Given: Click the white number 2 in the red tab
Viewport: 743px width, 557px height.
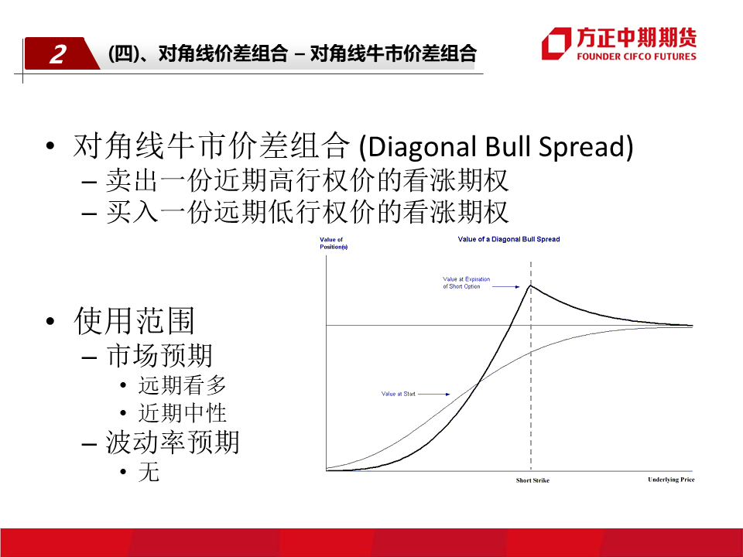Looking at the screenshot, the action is [x=58, y=54].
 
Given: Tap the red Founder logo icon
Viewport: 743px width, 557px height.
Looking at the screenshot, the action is [x=556, y=43].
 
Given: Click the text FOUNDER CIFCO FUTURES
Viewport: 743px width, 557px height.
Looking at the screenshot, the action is [x=636, y=56].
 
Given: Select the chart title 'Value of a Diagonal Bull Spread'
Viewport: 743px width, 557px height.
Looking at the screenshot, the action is [x=508, y=239].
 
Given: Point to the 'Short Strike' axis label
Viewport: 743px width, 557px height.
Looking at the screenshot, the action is [x=532, y=480].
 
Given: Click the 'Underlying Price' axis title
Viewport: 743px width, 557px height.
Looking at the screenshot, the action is [x=671, y=480].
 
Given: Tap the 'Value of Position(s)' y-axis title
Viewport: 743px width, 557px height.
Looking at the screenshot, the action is [x=334, y=243].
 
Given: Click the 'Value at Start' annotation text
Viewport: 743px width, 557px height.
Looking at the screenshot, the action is [x=398, y=394].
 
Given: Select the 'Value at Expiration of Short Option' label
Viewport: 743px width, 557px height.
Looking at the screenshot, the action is [x=466, y=283].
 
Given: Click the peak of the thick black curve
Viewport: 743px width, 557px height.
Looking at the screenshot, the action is [x=531, y=285].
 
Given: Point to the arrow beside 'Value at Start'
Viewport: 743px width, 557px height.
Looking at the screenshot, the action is [x=434, y=394].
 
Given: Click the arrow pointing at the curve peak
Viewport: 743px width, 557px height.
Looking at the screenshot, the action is [x=505, y=286].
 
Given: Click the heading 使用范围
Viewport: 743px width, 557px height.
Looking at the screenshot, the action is [x=134, y=321].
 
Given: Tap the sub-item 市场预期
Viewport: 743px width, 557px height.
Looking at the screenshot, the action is [x=159, y=355].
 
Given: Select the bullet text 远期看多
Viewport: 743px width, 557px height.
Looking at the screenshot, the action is [x=182, y=385].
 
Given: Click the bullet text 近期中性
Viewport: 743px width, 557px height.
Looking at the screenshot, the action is [x=182, y=413].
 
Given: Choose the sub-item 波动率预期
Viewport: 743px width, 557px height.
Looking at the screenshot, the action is [x=173, y=443].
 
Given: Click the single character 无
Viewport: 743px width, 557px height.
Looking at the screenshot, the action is [x=149, y=472].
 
